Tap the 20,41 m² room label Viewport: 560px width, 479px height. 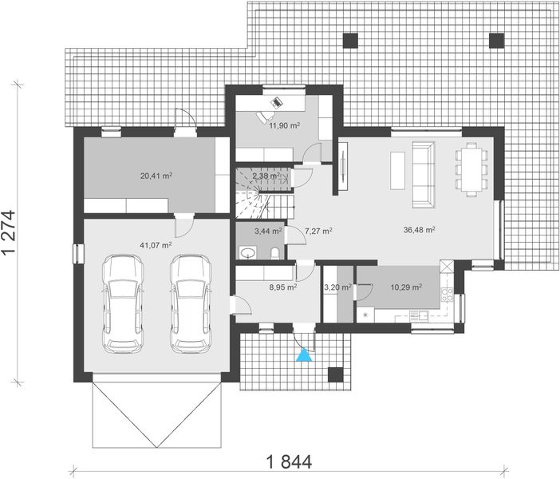coord(156,175)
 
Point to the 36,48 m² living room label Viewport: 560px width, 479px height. coord(419,230)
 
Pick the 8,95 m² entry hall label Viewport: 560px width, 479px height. coord(282,286)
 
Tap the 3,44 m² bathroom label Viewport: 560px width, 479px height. coord(267,231)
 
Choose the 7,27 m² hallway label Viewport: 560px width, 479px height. coord(318,231)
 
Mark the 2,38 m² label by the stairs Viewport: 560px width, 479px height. coord(266,176)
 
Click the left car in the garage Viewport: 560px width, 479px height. coord(124,303)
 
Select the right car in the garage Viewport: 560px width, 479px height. coord(189,303)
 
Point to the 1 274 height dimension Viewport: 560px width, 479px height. coord(10,232)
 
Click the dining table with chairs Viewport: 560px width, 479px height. coord(471,168)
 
